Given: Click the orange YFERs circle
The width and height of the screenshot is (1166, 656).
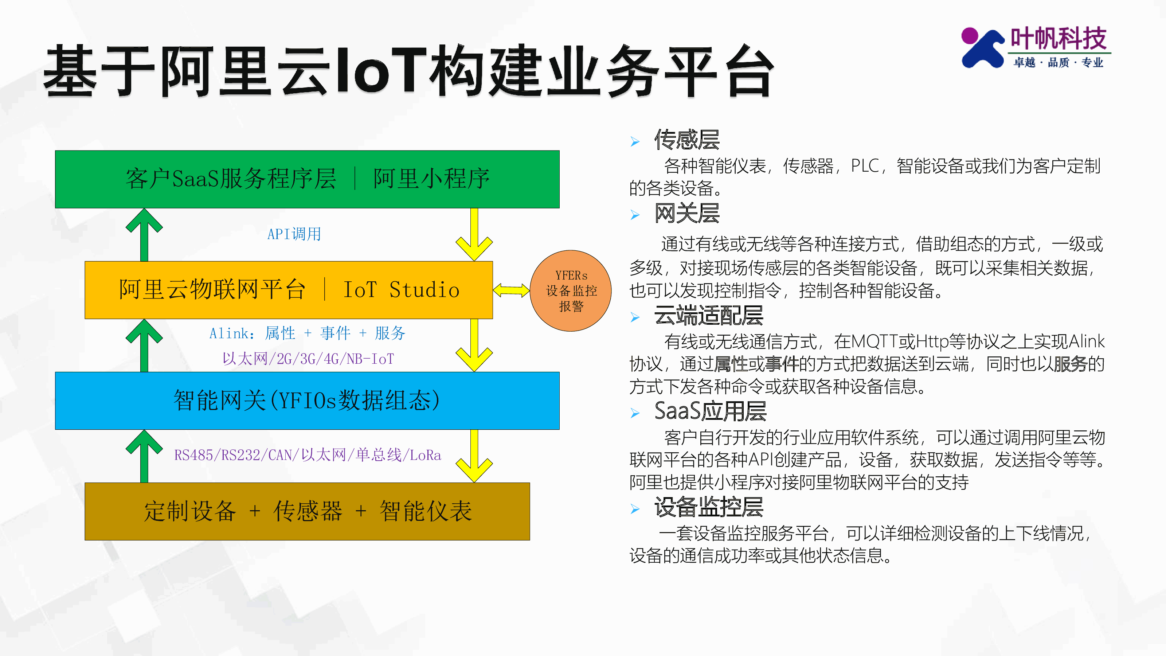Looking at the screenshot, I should [x=570, y=291].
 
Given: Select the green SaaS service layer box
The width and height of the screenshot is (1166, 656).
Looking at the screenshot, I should [x=307, y=179].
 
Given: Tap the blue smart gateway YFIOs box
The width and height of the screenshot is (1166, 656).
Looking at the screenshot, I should [x=307, y=401].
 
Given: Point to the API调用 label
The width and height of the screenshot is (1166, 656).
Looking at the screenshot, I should [x=294, y=234].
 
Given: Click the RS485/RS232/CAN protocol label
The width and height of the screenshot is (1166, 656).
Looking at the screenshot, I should [x=307, y=454].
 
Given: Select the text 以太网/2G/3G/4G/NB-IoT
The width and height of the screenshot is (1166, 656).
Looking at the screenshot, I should [x=308, y=359].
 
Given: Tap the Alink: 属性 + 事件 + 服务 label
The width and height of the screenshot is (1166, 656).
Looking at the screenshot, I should [x=307, y=333].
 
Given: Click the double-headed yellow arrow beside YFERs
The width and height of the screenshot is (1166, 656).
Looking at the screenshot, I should [x=511, y=290].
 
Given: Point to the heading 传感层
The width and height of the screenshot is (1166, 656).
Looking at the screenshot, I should [x=686, y=140].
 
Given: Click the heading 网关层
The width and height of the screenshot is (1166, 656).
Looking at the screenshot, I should [x=686, y=213].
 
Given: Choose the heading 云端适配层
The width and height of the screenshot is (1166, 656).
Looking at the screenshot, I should [x=708, y=316].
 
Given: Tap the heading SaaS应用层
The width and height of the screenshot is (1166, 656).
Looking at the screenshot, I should [x=710, y=411].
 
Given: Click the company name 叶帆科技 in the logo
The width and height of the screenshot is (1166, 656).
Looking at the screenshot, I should [x=1058, y=39].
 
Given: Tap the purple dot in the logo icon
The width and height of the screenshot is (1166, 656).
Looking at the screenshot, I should [x=970, y=35].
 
